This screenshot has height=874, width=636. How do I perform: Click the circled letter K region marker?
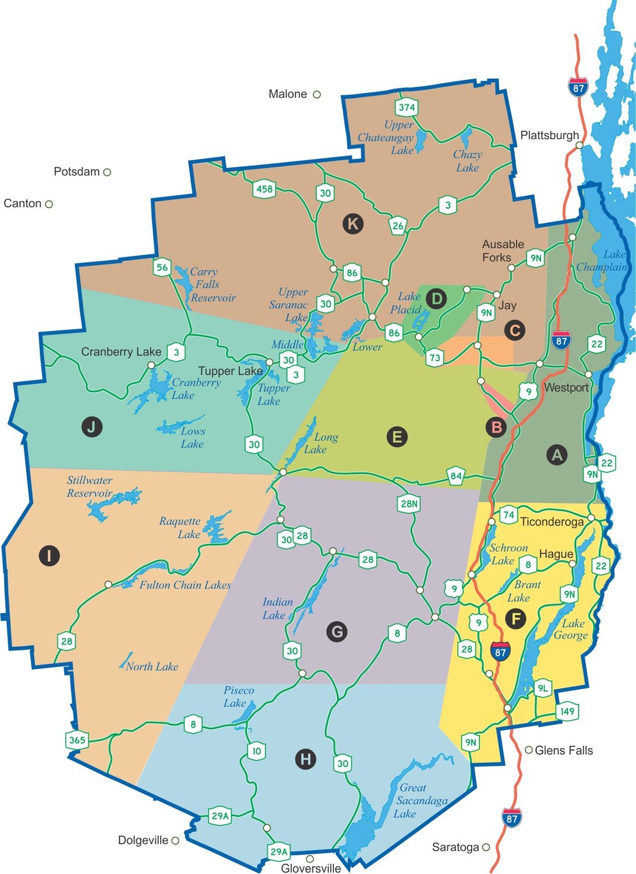tap(353, 223)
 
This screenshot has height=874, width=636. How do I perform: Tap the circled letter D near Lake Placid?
tap(436, 299)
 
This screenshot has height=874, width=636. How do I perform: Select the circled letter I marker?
tap(49, 555)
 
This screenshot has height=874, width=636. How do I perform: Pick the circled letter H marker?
tap(306, 759)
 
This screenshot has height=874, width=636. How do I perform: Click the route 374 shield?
tap(407, 107)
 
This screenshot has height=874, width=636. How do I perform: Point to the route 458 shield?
tap(264, 189)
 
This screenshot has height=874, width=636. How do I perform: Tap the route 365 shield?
tap(77, 741)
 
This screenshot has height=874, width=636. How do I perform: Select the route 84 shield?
tap(456, 476)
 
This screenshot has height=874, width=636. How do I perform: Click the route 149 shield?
tap(567, 711)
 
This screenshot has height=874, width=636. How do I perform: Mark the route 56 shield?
tap(162, 267)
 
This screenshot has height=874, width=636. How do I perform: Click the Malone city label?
tap(288, 94)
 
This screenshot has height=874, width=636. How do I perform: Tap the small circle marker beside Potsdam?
tap(107, 172)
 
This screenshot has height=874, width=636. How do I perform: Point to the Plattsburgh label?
tap(549, 135)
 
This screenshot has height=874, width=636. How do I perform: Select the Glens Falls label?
tap(563, 750)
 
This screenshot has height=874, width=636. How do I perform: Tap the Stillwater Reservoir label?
tap(90, 487)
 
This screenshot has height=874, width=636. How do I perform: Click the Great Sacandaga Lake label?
tap(414, 801)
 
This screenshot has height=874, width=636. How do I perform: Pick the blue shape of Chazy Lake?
tap(466, 138)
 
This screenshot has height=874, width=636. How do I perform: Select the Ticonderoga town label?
tap(551, 521)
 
